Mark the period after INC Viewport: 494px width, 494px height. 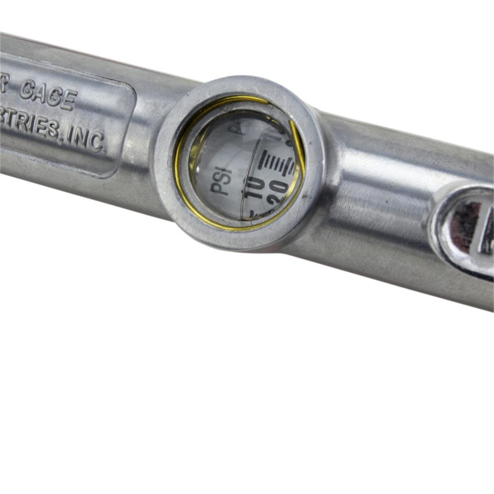tap(104, 150)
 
